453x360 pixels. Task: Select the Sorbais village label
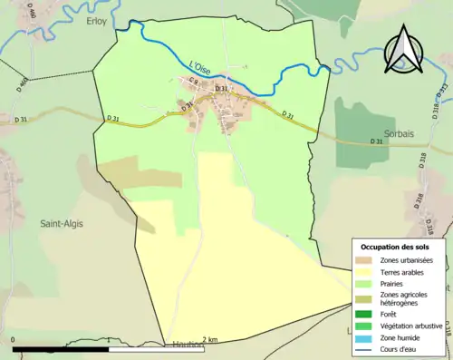pos(388,143)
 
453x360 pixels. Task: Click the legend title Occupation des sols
pos(395,247)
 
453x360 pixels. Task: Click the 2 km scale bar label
pos(209,340)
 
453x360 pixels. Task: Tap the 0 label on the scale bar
pos(13,340)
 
